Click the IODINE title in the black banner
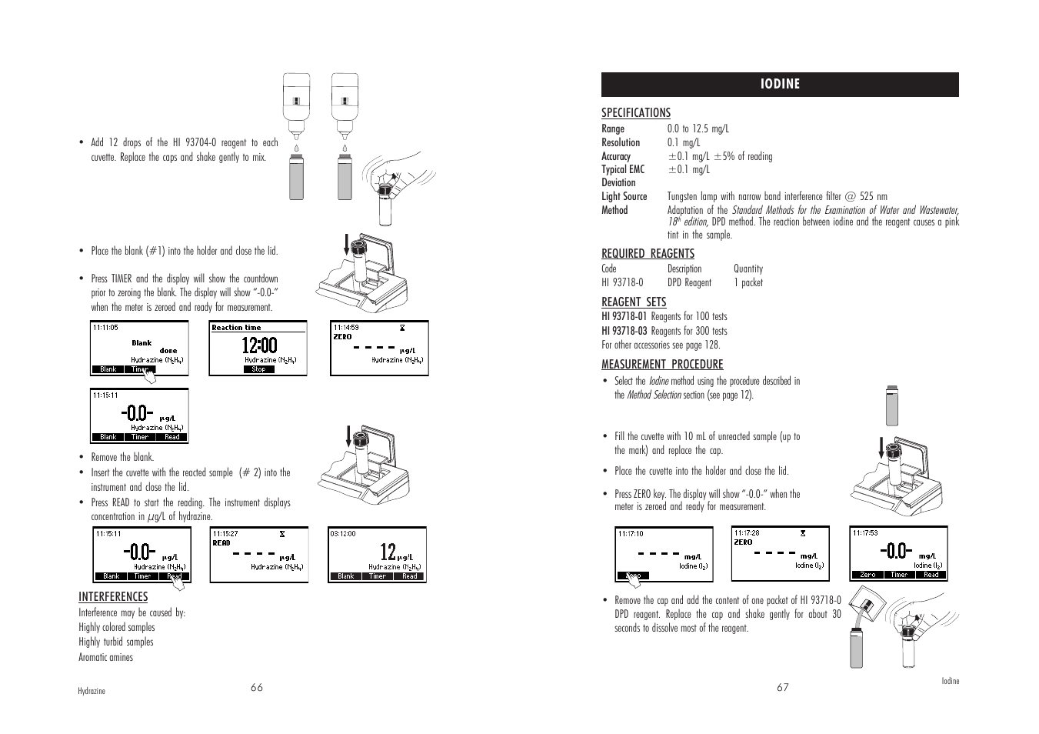(781, 85)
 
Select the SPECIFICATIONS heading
(635, 113)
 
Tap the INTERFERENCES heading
(113, 597)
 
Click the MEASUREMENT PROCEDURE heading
(662, 365)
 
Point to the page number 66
(257, 688)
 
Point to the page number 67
(782, 688)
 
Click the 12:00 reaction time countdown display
(259, 345)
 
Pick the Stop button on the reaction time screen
(258, 369)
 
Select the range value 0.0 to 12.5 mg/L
(698, 129)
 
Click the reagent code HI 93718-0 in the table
(622, 283)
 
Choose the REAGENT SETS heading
(634, 302)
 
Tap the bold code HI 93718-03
(624, 332)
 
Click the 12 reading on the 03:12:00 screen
(388, 552)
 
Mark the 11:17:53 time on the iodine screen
(865, 532)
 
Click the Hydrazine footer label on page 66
(92, 692)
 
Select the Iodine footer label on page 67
(951, 682)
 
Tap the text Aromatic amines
(105, 658)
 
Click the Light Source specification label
(624, 197)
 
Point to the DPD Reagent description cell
(689, 283)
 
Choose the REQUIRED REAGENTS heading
(648, 254)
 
